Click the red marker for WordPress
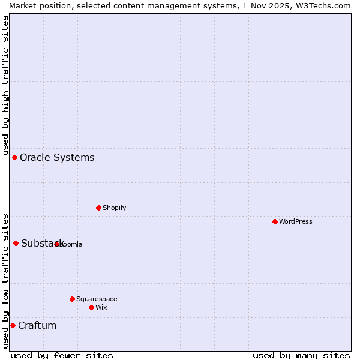275,221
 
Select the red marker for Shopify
98,208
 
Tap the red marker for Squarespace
72,299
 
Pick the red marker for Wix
91,307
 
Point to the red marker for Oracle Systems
14,157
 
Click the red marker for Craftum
13,325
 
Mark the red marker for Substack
16,243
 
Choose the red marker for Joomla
56,244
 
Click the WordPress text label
296,221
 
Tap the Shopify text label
115,208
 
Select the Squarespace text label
97,299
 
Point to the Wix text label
101,307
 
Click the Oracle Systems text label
57,157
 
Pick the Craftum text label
37,325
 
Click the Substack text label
42,243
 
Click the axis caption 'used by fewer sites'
62,355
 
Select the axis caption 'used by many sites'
301,355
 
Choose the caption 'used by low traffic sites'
5,281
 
